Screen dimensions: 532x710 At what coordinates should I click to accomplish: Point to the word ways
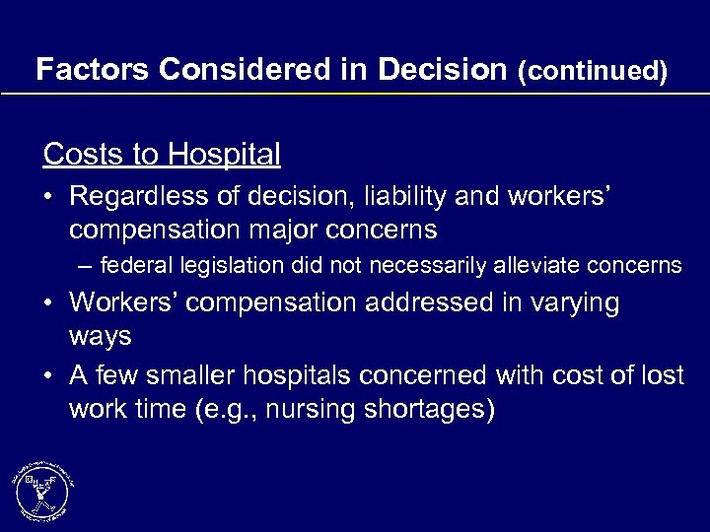100,337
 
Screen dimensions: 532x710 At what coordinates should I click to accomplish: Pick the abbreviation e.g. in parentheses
241,409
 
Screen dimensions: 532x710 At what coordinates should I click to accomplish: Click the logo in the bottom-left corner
42,490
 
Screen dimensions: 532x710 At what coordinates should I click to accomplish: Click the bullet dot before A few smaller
49,375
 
